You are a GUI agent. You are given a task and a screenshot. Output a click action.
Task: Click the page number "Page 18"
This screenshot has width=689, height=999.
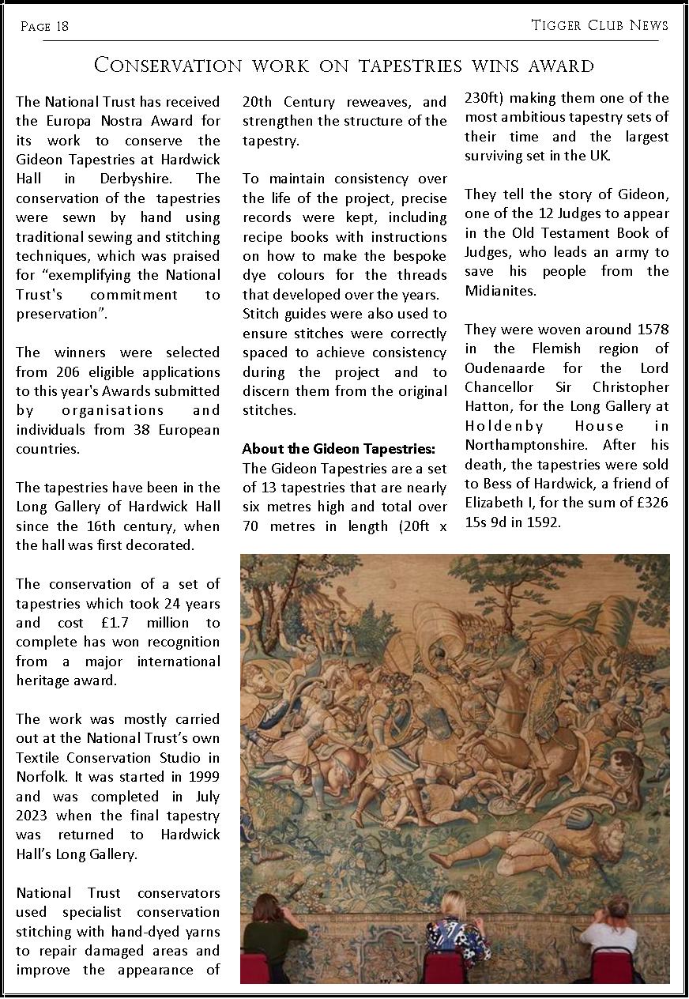[x=44, y=27]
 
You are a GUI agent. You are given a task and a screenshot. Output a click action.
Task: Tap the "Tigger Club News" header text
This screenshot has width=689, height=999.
[x=600, y=25]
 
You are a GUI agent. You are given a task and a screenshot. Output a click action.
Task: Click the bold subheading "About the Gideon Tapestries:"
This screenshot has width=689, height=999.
[x=338, y=449]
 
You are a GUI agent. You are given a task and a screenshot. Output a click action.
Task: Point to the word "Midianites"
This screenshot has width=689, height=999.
[x=499, y=290]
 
